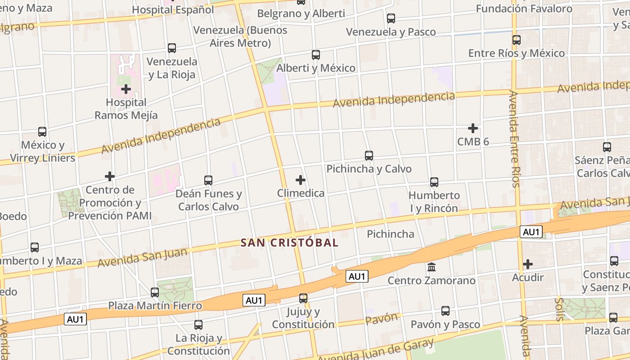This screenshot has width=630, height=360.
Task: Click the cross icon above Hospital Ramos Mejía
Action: click(126, 89)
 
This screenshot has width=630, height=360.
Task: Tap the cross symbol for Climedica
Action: click(301, 180)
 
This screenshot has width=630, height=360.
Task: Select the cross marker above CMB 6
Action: click(473, 128)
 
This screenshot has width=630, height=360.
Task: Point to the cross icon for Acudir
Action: click(528, 264)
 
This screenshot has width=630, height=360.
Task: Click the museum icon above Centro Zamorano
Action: click(432, 267)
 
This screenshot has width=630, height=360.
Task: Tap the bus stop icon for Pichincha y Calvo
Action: click(369, 156)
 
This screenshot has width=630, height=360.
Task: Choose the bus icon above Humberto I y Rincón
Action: click(434, 182)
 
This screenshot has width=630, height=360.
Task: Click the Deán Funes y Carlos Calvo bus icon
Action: click(208, 180)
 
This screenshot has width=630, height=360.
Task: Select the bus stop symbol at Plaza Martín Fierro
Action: click(155, 292)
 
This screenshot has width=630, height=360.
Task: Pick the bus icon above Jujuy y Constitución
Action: click(303, 298)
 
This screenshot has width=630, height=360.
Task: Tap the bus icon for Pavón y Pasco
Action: click(445, 311)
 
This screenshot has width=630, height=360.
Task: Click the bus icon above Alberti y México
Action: click(316, 55)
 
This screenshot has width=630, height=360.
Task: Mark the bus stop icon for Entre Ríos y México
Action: click(517, 40)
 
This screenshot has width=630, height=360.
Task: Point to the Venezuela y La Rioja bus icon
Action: click(172, 48)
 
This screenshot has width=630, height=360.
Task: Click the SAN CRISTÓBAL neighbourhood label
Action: click(289, 243)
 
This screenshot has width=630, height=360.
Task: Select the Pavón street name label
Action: click(382, 319)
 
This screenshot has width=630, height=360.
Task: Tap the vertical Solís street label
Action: click(559, 309)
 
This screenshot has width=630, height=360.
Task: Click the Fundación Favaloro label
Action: click(524, 9)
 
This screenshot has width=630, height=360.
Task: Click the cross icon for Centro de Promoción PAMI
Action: click(110, 176)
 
